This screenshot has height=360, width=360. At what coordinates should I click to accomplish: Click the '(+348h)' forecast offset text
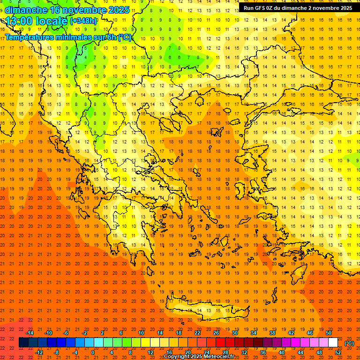tap(83, 21)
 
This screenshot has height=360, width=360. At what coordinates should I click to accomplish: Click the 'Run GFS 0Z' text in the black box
tap(258, 8)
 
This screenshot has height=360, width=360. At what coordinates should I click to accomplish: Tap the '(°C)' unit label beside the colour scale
tap(349, 343)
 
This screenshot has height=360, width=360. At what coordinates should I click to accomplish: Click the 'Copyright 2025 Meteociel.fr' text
tap(199, 357)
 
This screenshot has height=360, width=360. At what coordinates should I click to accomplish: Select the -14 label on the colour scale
tap(30, 333)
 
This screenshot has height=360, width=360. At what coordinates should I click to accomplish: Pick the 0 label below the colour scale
tap(93, 352)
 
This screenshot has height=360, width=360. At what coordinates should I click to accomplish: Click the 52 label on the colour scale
tap(338, 352)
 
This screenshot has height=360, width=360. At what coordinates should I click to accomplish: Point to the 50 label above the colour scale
tap(329, 333)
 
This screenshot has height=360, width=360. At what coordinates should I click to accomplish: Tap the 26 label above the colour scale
tap(216, 333)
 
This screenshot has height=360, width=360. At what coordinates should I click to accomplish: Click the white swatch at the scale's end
tap(333, 343)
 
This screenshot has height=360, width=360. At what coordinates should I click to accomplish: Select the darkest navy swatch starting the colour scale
tap(23, 343)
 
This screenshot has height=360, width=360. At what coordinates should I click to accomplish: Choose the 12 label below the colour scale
tap(150, 352)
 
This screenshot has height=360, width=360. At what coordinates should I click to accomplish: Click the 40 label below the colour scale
tap(282, 352)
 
